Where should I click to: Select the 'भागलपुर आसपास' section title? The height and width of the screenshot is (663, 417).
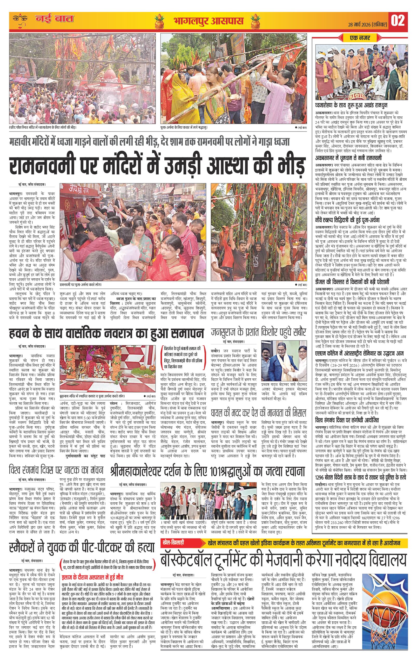point(208,21)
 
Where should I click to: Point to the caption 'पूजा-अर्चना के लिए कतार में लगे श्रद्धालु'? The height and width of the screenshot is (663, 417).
point(184,127)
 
